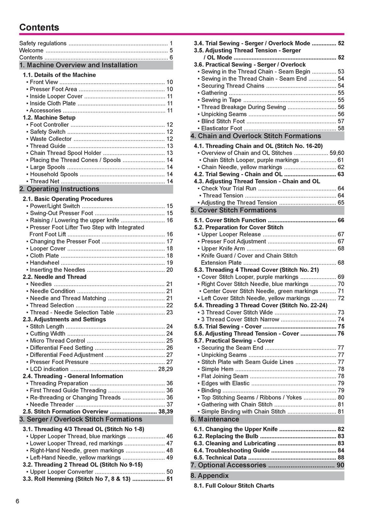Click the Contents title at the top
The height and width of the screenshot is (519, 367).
pos(39,27)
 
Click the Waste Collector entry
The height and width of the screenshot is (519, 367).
pos(51,139)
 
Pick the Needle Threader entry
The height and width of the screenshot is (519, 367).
pos(52,405)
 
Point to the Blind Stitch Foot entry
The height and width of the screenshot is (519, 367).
pos(223,121)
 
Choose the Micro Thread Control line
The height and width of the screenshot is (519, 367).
pos(57,341)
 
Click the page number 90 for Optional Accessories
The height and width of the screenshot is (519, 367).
pos(340,465)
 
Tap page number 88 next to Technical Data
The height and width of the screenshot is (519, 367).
pos(341,458)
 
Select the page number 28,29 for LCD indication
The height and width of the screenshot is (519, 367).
pos(165,369)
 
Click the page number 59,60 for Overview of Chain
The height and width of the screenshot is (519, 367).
pos(337,153)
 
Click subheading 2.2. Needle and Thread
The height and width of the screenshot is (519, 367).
pos(54,277)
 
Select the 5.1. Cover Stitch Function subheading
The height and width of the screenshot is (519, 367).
pos(230,220)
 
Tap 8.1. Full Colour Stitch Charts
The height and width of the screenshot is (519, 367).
pos(234,486)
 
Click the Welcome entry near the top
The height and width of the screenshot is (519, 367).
pos(31,51)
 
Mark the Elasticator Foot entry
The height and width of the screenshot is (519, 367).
pos(221,129)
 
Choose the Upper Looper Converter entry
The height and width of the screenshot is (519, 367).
pos(61,472)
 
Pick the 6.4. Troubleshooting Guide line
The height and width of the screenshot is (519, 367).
pos(232,451)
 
